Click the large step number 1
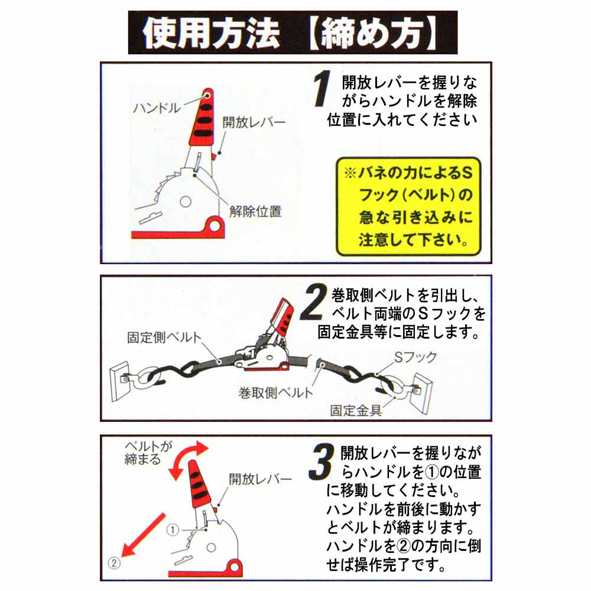click(x=322, y=89)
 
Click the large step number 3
click(x=322, y=462)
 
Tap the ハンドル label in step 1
click(x=157, y=108)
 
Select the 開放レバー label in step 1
click(x=254, y=122)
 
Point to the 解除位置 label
click(x=255, y=212)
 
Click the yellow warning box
click(x=408, y=206)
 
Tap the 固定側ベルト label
click(x=164, y=337)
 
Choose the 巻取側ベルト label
click(x=275, y=393)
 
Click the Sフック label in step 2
click(x=415, y=357)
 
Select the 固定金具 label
click(x=356, y=411)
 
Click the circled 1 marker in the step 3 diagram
click(x=173, y=530)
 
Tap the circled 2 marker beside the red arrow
click(x=114, y=563)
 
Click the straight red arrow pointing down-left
click(x=144, y=535)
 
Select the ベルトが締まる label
click(x=148, y=453)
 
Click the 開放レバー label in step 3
click(x=261, y=479)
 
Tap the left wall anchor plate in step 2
click(x=120, y=381)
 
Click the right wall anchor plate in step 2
click(x=423, y=392)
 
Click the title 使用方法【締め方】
click(x=293, y=33)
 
